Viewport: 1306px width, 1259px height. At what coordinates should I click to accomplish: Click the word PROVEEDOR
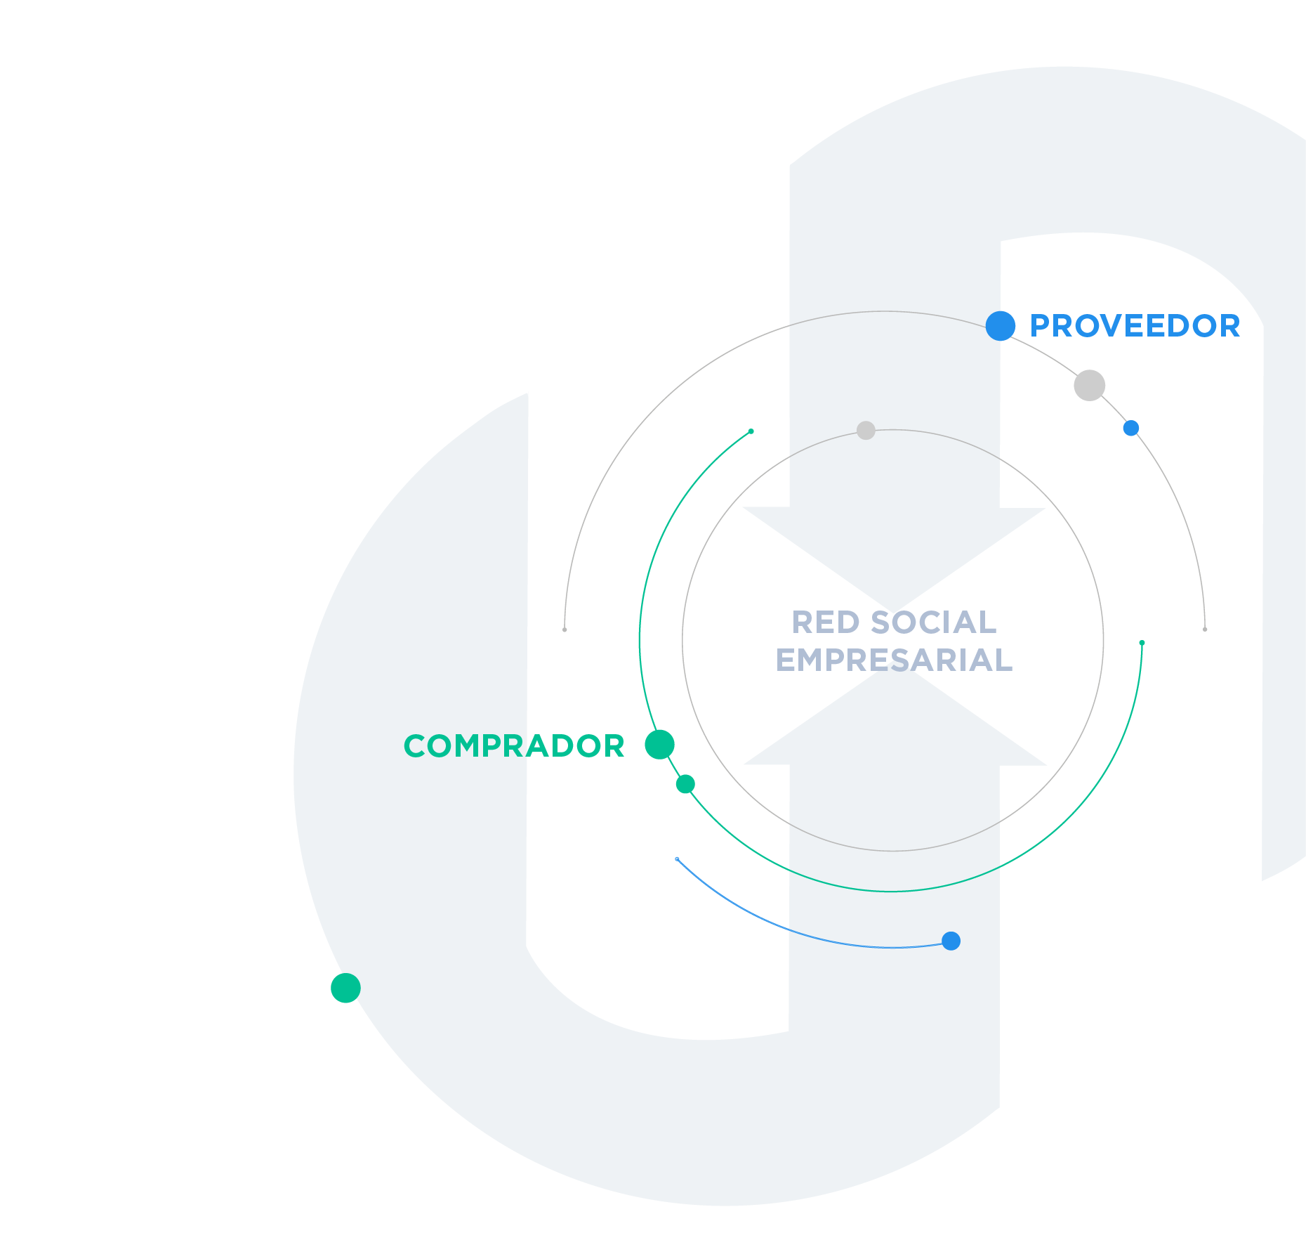[1135, 326]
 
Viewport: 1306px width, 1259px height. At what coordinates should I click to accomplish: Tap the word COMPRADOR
[514, 746]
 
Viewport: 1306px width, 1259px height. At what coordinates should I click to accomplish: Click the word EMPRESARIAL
[894, 660]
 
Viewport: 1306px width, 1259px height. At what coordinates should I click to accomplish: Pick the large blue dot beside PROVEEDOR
[1001, 326]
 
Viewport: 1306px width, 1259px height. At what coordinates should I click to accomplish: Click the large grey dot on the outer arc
[1090, 385]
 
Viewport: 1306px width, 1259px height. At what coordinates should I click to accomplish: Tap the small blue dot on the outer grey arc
[1130, 428]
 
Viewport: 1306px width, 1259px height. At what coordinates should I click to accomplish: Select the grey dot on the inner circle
[866, 430]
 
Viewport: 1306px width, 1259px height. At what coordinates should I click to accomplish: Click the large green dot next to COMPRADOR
[660, 745]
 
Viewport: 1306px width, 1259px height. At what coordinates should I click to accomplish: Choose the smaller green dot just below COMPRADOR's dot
[685, 784]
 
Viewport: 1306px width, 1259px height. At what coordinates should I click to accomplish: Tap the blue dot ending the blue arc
[951, 941]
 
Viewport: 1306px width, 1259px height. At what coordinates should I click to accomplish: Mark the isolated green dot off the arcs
[345, 988]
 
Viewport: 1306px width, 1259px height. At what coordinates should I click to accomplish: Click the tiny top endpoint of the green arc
[751, 431]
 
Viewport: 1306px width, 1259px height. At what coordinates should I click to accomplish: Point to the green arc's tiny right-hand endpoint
[1142, 643]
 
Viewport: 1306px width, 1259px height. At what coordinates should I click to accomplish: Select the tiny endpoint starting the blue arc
[677, 859]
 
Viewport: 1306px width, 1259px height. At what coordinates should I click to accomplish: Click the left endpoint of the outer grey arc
[565, 629]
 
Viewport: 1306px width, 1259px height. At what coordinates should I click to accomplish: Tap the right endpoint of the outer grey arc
[1205, 629]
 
